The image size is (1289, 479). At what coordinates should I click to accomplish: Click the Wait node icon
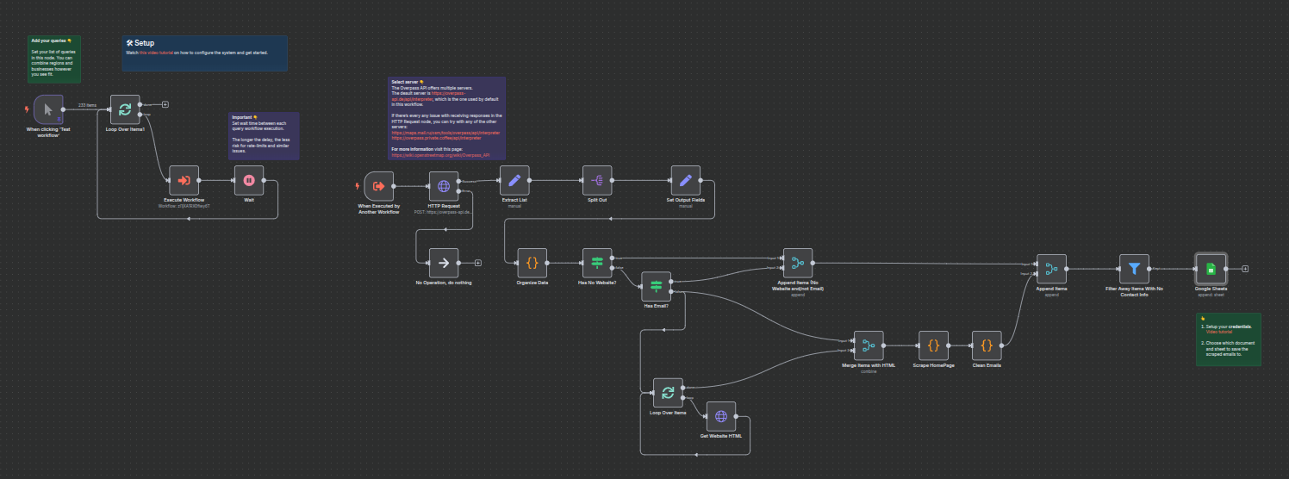249,180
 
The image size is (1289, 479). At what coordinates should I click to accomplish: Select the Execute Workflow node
184,180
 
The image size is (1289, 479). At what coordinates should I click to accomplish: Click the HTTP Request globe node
444,186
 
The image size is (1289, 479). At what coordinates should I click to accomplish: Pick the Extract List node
515,180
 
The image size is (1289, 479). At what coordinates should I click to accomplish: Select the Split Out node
597,180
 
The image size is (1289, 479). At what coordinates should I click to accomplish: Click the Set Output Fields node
686,180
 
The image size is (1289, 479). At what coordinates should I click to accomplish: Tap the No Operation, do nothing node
444,263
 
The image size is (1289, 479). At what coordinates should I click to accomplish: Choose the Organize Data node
532,263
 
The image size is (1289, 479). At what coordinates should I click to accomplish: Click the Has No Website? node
597,263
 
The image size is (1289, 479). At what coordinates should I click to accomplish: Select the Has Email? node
656,286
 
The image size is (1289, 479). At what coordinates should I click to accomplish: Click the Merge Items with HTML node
869,345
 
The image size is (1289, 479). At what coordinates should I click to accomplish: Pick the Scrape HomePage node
933,345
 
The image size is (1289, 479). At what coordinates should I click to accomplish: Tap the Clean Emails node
987,345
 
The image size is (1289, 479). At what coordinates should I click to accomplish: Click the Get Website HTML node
721,416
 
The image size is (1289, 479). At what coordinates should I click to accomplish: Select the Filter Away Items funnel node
1134,269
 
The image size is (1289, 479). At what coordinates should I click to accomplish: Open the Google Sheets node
1211,269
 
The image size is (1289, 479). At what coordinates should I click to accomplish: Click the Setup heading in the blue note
143,43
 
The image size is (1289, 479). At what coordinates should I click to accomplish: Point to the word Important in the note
241,116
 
